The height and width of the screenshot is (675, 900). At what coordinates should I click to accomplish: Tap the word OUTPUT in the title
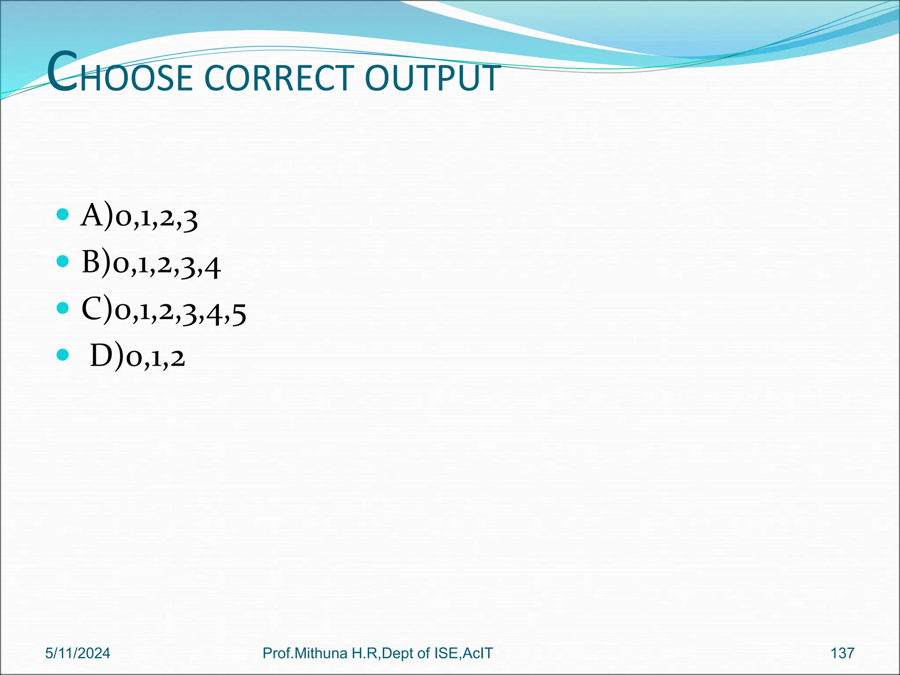[432, 78]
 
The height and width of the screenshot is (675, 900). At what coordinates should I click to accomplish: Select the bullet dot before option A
[63, 214]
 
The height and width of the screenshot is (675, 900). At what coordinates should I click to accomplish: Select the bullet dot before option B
[63, 261]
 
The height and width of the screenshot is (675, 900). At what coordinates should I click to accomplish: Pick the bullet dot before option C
[63, 308]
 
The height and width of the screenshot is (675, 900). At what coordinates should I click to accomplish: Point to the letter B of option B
[91, 262]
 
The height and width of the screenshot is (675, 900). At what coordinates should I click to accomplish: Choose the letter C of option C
[92, 308]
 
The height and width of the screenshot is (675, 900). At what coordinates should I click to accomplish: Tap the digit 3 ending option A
[190, 220]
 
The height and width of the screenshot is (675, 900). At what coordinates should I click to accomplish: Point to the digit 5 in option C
[239, 313]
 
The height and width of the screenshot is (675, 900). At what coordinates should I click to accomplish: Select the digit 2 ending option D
[178, 358]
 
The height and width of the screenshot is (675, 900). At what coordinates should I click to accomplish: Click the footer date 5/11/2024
[78, 653]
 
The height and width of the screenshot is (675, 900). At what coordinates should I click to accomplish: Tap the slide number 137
[842, 653]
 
